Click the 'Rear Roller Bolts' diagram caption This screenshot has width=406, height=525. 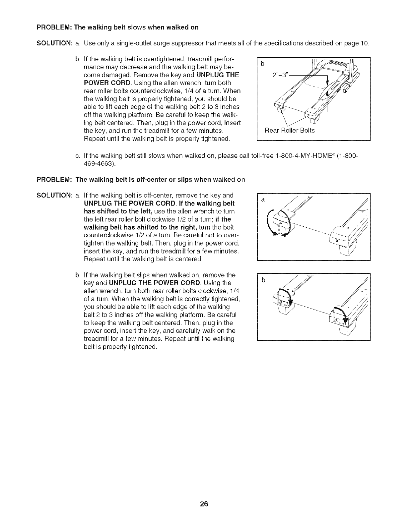coord(289,130)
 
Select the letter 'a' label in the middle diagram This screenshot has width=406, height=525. coord(263,200)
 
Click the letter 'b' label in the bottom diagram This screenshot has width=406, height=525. coord(263,280)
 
